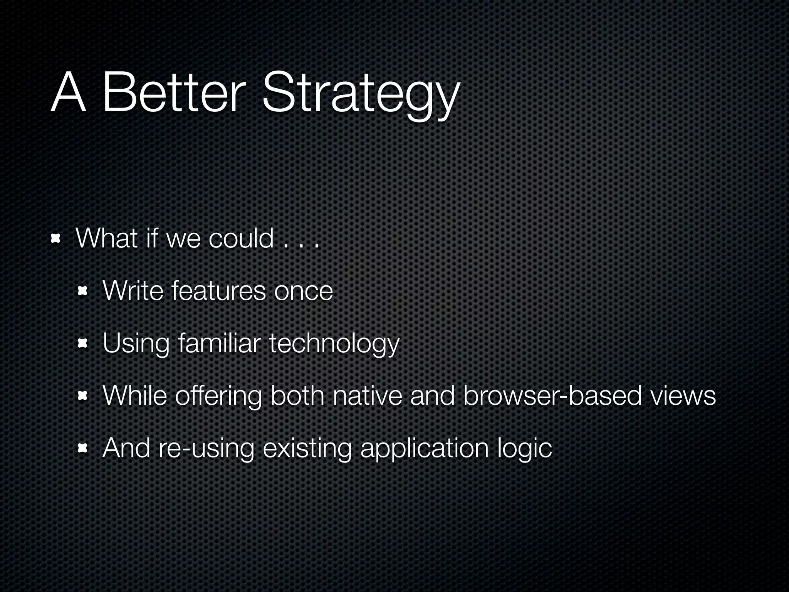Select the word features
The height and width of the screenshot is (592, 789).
218,291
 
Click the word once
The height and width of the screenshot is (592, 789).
303,292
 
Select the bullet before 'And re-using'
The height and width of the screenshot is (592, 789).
82,449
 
